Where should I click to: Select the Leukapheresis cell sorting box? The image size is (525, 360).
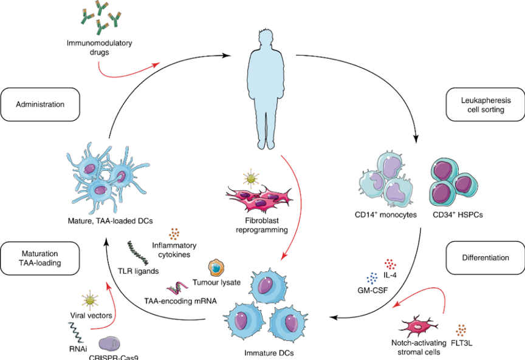(x=485, y=104)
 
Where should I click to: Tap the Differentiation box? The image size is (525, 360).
(x=485, y=257)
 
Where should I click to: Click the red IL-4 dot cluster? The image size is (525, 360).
(x=390, y=263)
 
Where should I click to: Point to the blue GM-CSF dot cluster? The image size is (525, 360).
(x=371, y=279)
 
